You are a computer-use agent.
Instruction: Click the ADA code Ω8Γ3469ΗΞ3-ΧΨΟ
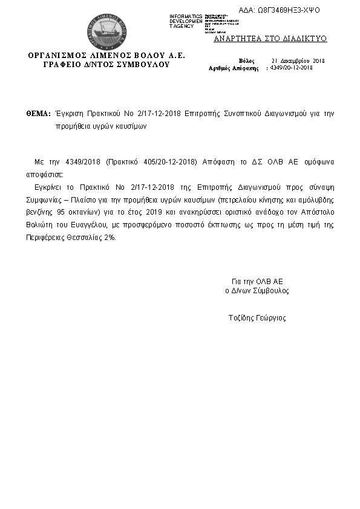(288, 10)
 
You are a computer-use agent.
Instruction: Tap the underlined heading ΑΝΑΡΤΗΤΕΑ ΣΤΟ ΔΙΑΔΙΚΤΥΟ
(270, 39)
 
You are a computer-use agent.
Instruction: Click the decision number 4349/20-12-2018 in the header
(291, 68)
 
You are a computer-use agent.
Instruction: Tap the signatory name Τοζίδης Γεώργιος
(257, 318)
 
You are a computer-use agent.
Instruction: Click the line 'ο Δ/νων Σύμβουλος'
(257, 291)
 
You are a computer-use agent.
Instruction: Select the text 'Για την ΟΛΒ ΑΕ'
(257, 282)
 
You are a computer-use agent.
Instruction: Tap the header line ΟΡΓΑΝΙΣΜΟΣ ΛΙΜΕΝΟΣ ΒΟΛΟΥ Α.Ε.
(106, 56)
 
